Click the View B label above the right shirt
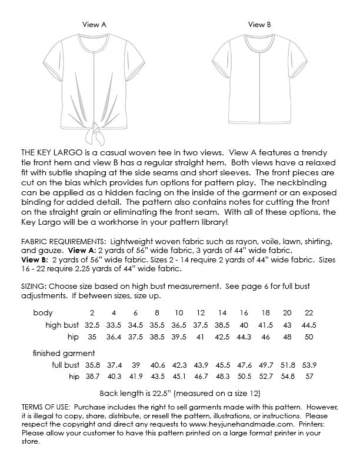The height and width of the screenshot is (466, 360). pos(259,25)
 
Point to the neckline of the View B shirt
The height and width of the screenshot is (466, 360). pos(259,41)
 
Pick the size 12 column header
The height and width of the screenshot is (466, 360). pos(201,312)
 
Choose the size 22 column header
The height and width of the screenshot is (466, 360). pos(309,312)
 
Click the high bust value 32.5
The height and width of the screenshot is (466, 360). pos(92,325)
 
